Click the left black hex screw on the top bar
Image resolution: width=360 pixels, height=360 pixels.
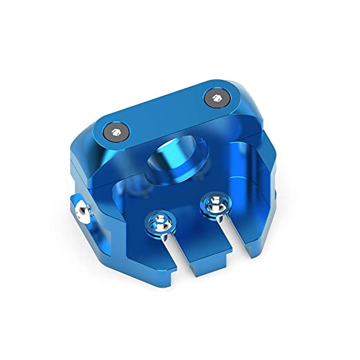pyautogui.click(x=114, y=131)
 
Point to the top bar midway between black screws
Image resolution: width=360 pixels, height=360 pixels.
pyautogui.click(x=166, y=114)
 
